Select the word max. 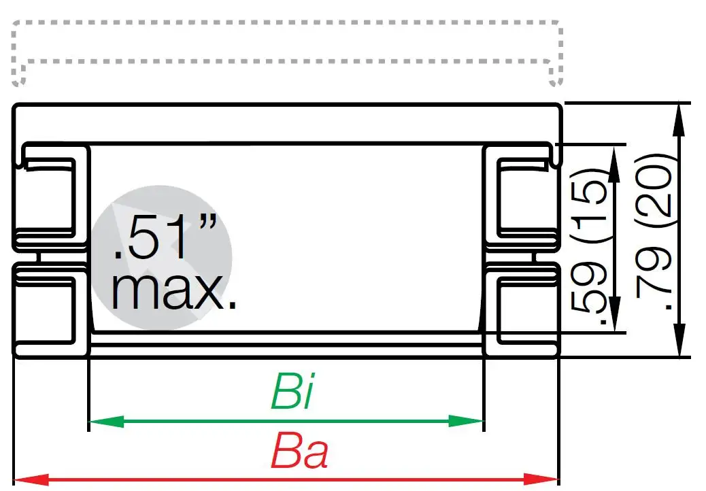(x=174, y=292)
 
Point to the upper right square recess (x=524, y=197)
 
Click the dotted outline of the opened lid (x=286, y=23)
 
